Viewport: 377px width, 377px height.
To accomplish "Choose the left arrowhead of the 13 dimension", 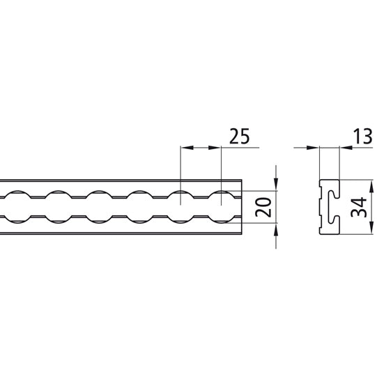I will point(314,148).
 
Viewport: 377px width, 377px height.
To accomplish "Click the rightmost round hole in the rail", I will point(222,206).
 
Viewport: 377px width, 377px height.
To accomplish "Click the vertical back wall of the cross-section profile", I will point(321,207).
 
